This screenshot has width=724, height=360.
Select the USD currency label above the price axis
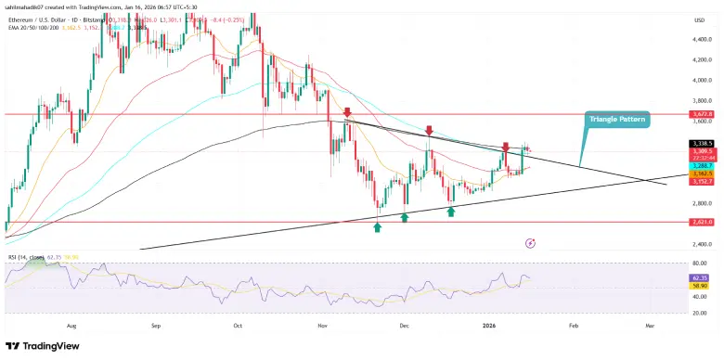pos(697,20)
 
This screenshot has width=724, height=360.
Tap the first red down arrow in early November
pos(346,112)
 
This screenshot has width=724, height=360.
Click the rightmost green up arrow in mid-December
pos(451,212)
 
